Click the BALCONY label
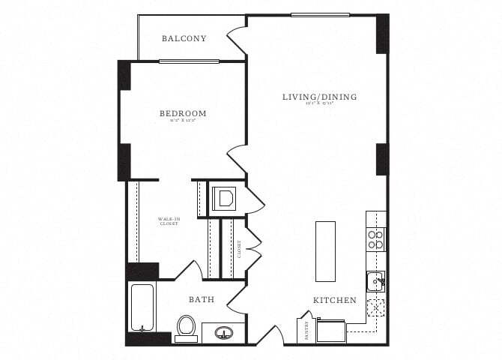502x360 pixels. [x=184, y=38]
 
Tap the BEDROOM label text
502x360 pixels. [x=182, y=114]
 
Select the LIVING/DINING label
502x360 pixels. [x=319, y=97]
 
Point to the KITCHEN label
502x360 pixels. [x=334, y=300]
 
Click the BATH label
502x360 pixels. [x=202, y=299]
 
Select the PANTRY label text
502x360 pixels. [x=306, y=331]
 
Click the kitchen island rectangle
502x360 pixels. [x=326, y=250]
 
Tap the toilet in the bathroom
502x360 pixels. [x=186, y=327]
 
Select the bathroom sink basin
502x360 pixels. [x=224, y=331]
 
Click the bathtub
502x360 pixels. [x=142, y=307]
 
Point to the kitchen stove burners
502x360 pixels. [x=375, y=238]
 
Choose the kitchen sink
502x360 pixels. [x=375, y=281]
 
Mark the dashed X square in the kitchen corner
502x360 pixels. [x=375, y=307]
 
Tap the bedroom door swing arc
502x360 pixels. [x=237, y=158]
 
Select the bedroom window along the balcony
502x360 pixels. [x=189, y=61]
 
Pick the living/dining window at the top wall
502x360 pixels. [x=320, y=15]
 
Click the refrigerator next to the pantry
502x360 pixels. [x=331, y=330]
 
